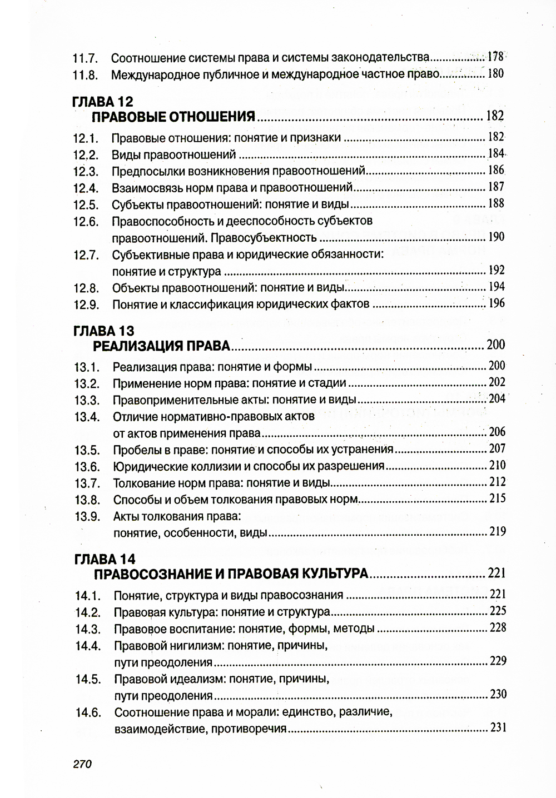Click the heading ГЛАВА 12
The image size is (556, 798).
click(x=103, y=102)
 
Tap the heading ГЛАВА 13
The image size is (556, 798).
click(x=104, y=331)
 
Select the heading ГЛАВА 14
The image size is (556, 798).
click(x=105, y=559)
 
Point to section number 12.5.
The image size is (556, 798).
click(x=86, y=205)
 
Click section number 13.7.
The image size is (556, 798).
click(x=87, y=483)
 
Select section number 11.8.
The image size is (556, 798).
click(x=85, y=74)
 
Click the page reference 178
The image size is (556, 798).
click(x=495, y=57)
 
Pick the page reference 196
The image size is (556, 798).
click(x=496, y=303)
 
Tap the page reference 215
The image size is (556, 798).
click(x=497, y=498)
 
